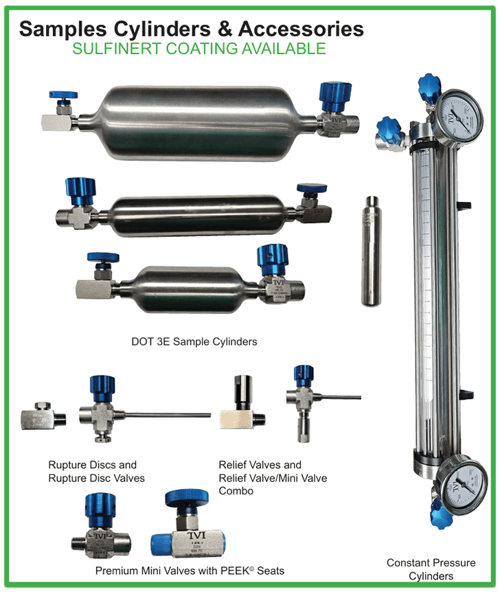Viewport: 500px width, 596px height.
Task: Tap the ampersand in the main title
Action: click(x=225, y=29)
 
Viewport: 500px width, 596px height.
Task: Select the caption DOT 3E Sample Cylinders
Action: click(x=194, y=342)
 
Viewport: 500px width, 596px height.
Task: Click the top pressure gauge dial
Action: click(x=459, y=115)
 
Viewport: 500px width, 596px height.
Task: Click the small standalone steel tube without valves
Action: click(x=371, y=251)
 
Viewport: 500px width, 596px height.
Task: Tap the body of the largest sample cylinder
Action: click(x=198, y=123)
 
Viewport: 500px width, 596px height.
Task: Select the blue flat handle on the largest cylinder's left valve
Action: click(x=63, y=95)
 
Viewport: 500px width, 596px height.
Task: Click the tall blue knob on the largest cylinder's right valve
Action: click(x=334, y=97)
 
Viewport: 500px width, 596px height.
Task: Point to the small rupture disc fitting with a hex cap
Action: click(x=43, y=416)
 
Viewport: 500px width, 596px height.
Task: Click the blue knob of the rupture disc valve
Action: click(x=102, y=389)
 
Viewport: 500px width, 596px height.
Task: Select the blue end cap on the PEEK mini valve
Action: click(x=161, y=545)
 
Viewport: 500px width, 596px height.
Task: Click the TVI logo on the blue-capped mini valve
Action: click(x=196, y=536)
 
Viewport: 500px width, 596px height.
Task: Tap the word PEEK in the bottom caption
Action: click(x=235, y=571)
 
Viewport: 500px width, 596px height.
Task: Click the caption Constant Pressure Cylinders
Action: click(x=431, y=569)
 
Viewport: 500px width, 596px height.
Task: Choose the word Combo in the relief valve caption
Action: click(x=236, y=491)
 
